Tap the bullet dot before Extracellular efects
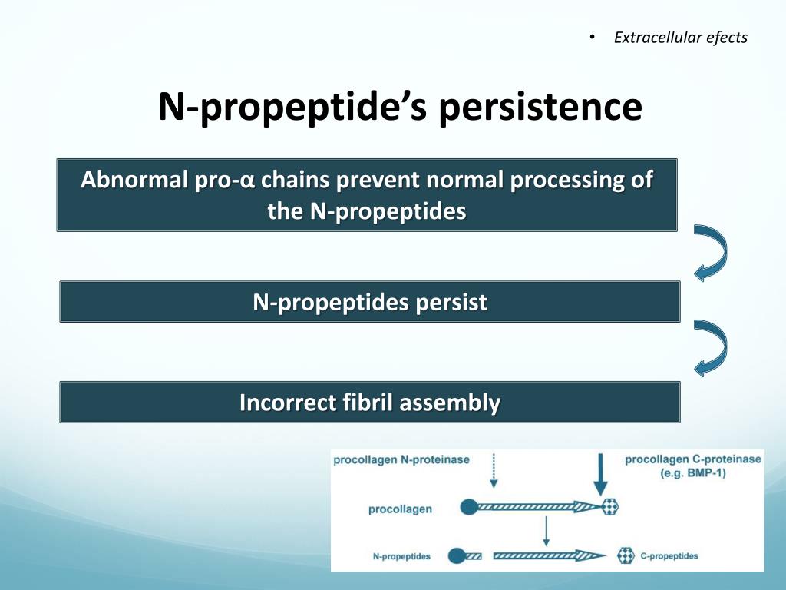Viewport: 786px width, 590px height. click(x=592, y=37)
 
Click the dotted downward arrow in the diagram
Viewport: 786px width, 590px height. click(x=494, y=471)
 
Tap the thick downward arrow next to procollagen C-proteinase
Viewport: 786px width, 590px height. click(x=600, y=474)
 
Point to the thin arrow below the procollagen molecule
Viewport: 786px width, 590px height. click(x=546, y=532)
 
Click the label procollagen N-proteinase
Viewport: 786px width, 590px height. click(x=401, y=460)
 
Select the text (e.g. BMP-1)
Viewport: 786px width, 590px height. click(x=693, y=473)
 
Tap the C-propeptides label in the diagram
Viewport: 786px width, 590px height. click(x=669, y=556)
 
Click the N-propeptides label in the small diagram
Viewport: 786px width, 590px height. click(x=401, y=556)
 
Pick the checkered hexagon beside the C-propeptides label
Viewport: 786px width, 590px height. click(x=626, y=556)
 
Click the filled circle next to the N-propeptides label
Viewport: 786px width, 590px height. click(x=456, y=556)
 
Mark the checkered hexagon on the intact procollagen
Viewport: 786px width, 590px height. click(x=610, y=507)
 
